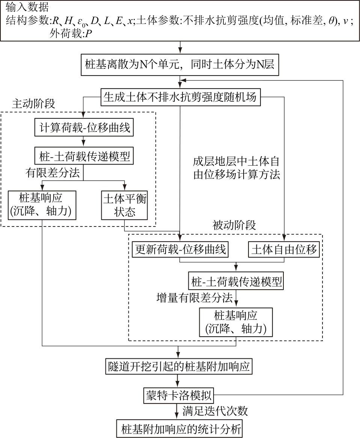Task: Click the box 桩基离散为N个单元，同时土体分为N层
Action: (x=180, y=64)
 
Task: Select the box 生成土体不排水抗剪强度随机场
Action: (x=180, y=97)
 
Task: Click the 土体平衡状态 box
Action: (x=124, y=206)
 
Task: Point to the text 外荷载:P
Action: (x=71, y=34)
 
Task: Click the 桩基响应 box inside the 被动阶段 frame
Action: (x=236, y=322)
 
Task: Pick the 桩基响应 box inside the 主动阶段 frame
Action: (x=42, y=206)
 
